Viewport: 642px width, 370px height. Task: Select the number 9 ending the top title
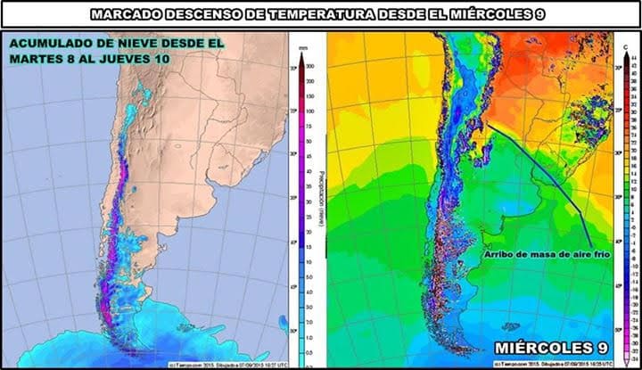pyautogui.click(x=545, y=14)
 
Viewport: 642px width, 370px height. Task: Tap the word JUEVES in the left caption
pyautogui.click(x=142, y=58)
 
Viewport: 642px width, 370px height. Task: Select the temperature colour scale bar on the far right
pyautogui.click(x=623, y=205)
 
